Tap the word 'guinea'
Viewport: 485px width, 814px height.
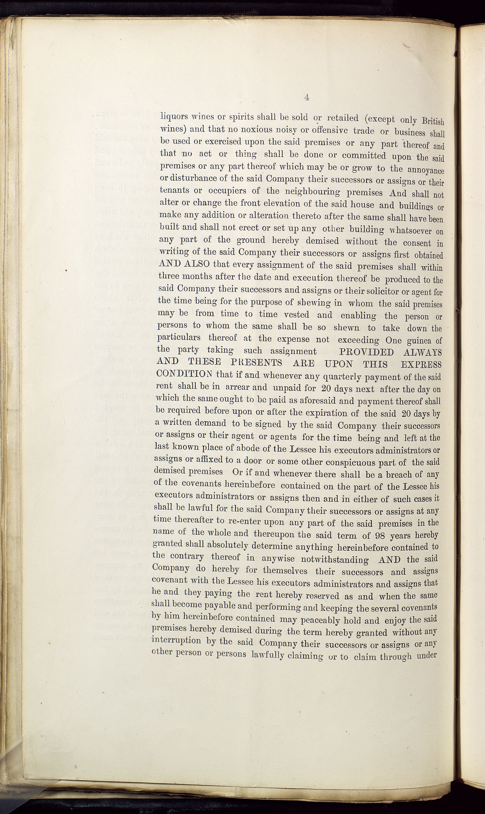click(419, 341)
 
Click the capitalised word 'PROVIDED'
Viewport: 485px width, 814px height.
click(363, 352)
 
